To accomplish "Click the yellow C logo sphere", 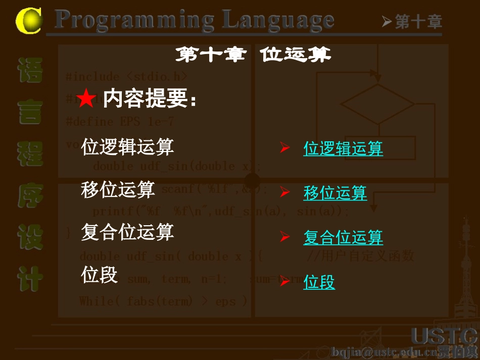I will point(28,20).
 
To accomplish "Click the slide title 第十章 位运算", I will point(253,55).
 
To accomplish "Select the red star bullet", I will point(86,99).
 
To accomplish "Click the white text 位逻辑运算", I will point(127,147).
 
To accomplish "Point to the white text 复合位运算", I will point(127,232).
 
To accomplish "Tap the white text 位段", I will point(99,275).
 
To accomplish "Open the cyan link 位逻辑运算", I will point(343,148).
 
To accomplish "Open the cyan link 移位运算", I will point(335,192).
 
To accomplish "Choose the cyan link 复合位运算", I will point(343,237).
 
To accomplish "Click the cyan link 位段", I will point(319,282).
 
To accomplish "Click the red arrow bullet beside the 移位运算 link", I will point(285,192).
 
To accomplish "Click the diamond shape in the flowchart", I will point(377,104).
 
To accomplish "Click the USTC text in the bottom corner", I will point(444,335).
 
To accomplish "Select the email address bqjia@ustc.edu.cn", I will point(384,351).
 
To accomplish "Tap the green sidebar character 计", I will point(30,279).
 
